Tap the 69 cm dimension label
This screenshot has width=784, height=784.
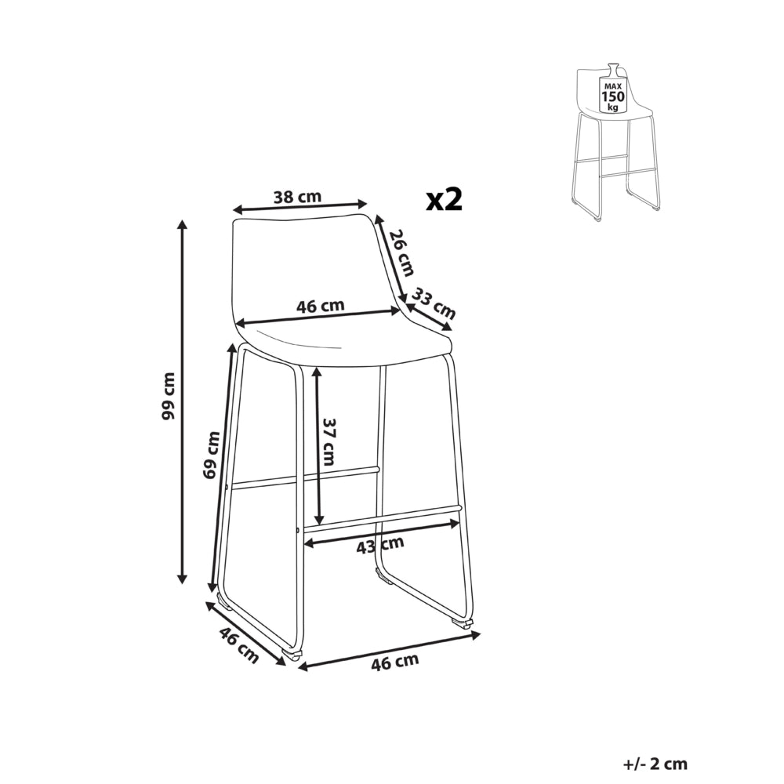click(212, 455)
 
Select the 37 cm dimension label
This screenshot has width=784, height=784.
click(328, 442)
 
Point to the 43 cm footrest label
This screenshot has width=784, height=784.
click(380, 545)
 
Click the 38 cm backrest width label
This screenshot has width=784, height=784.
click(297, 197)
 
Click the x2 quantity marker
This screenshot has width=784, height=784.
click(444, 200)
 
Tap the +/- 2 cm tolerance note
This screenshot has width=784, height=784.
click(655, 764)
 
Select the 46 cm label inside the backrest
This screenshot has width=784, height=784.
click(321, 306)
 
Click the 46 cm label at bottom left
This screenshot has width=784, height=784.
click(238, 645)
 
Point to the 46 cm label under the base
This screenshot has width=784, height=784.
click(395, 662)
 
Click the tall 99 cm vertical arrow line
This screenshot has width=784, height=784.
click(183, 401)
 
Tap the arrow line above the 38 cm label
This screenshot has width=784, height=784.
click(301, 206)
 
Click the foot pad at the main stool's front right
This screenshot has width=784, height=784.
click(462, 622)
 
